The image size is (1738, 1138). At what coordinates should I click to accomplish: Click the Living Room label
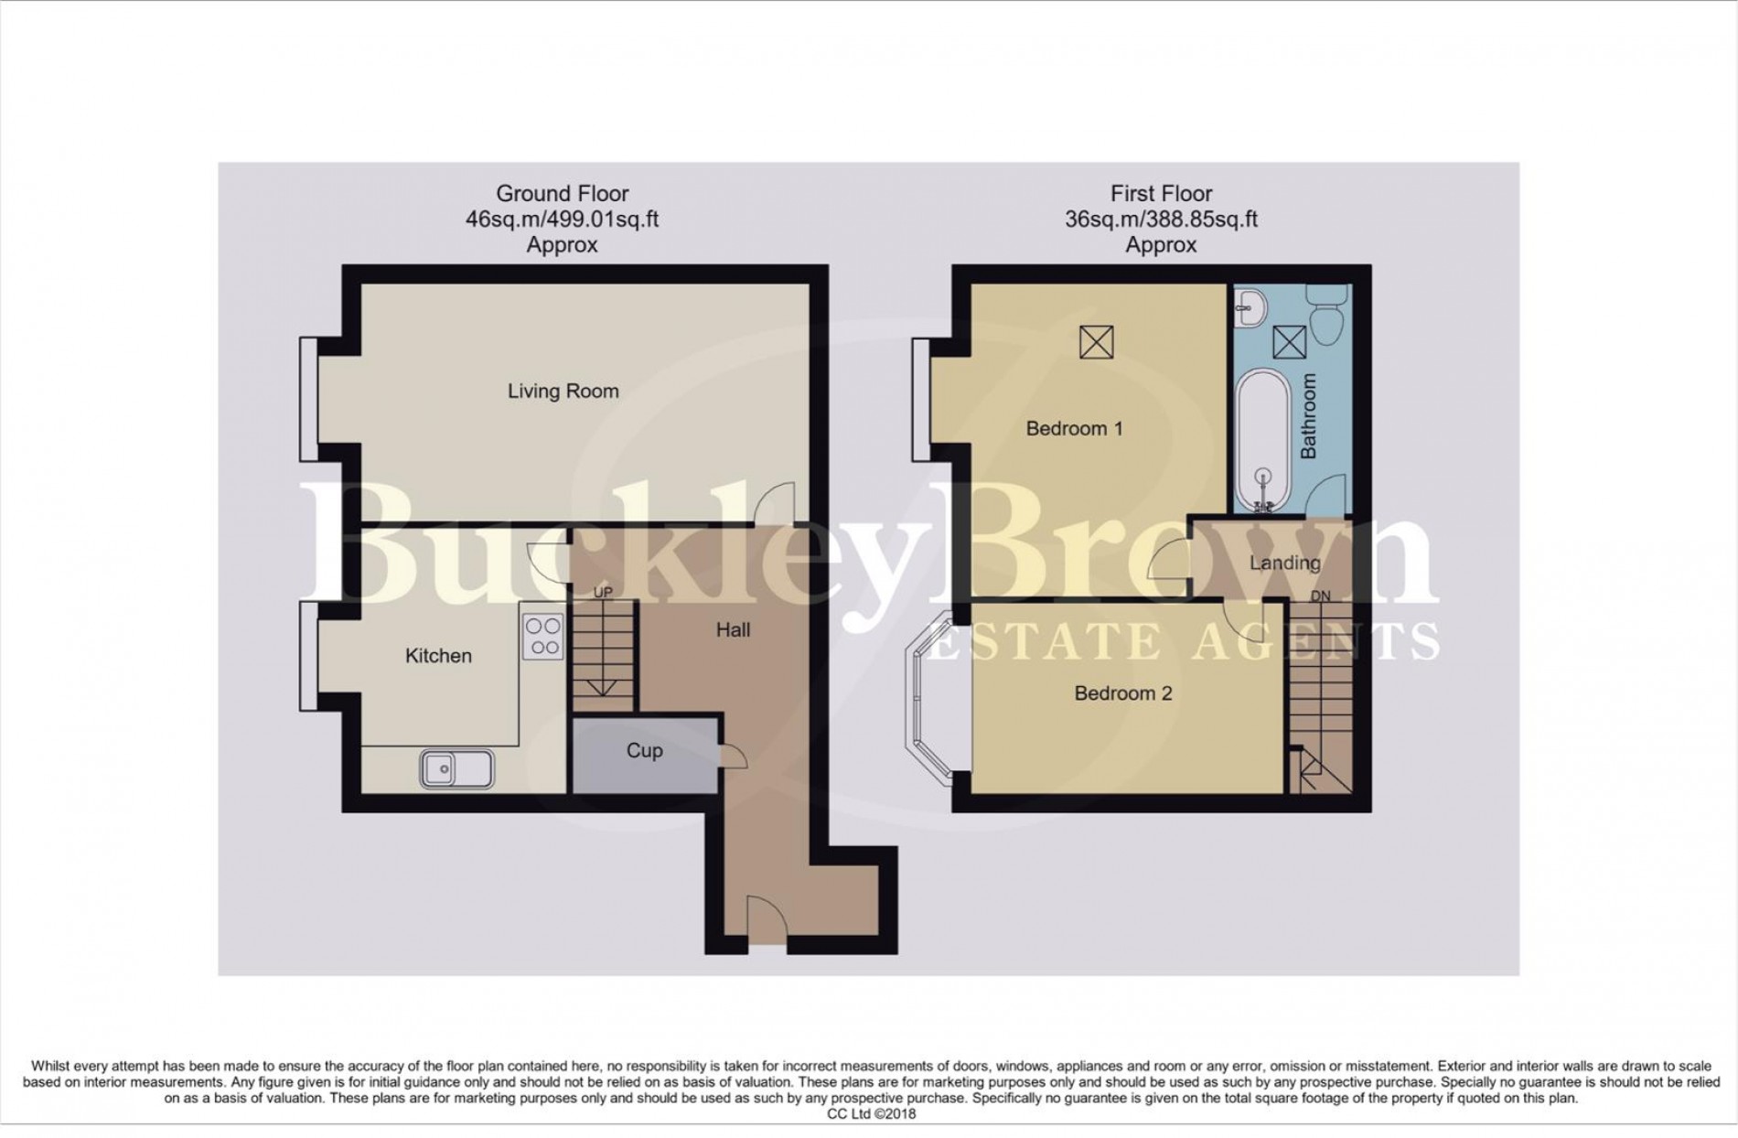click(563, 392)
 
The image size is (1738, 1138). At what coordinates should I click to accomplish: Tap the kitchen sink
click(456, 768)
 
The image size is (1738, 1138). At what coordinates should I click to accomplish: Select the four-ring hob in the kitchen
click(542, 636)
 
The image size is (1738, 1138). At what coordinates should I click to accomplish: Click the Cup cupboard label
click(644, 751)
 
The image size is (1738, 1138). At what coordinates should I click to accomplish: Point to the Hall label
click(733, 630)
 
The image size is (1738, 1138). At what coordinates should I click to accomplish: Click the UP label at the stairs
click(602, 593)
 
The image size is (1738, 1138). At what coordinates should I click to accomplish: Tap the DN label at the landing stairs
click(1320, 596)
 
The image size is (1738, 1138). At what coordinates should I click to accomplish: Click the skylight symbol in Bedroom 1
click(1096, 342)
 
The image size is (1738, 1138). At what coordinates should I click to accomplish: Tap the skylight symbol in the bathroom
click(1290, 342)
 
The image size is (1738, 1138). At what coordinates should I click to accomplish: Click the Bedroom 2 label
click(1122, 693)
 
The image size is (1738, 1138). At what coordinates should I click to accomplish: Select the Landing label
click(1284, 564)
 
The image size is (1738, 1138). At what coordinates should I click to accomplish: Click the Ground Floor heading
click(562, 194)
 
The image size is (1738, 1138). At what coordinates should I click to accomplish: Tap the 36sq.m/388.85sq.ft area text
click(1160, 220)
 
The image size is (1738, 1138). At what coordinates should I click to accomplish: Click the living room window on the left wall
click(308, 399)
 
